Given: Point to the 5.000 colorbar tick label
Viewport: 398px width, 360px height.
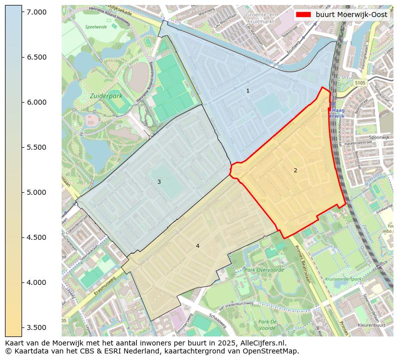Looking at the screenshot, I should [x=37, y=192].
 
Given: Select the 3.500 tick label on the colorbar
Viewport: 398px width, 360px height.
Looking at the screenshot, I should [x=37, y=327].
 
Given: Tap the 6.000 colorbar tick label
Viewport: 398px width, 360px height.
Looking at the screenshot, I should [x=37, y=102].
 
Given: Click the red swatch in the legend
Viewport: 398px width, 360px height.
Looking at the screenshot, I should [x=304, y=15].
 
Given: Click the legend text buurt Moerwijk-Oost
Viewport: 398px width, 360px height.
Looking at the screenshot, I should [x=351, y=15].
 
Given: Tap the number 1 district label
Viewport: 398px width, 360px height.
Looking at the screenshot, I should [x=248, y=91].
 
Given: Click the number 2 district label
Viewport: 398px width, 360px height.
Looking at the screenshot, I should [x=295, y=170].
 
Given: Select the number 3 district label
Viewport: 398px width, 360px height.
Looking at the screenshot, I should [x=159, y=182].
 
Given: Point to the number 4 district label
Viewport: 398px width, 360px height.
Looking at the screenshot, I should [x=197, y=246].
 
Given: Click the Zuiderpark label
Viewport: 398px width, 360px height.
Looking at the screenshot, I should [x=107, y=95].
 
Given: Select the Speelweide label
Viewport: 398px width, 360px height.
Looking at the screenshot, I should [x=96, y=27].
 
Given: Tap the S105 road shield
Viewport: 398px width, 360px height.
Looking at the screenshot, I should [x=360, y=83].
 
